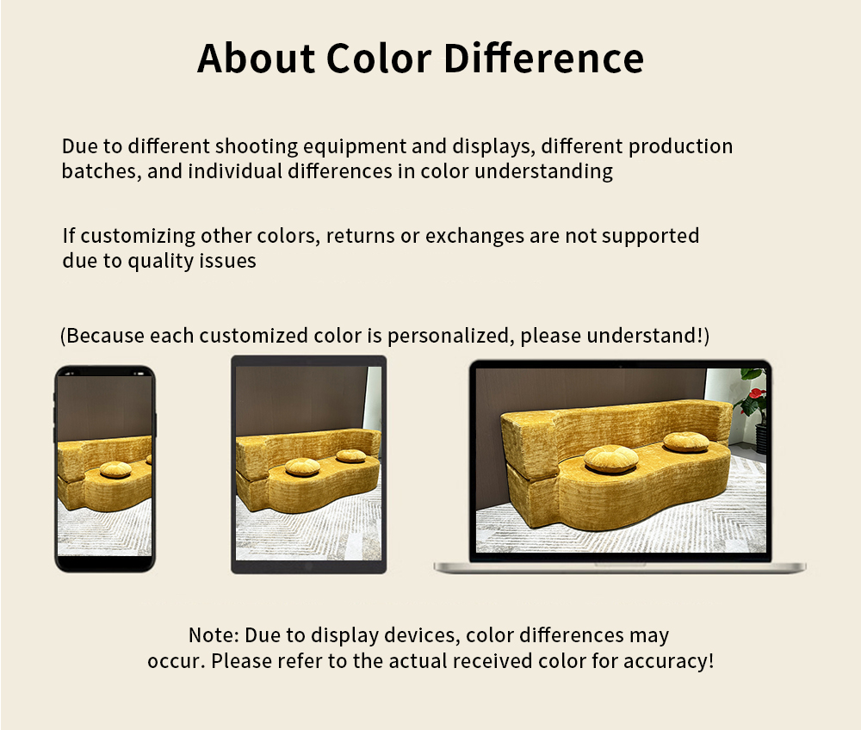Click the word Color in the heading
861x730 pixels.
(x=378, y=59)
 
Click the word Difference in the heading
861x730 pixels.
(x=543, y=59)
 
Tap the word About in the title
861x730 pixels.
(x=256, y=59)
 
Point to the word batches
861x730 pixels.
(x=101, y=171)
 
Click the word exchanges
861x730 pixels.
(x=474, y=237)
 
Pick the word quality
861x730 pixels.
(x=160, y=261)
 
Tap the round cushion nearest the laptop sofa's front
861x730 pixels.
(x=610, y=459)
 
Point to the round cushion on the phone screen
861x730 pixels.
(x=115, y=469)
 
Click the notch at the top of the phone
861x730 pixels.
(x=105, y=372)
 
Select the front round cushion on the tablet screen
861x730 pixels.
(x=302, y=467)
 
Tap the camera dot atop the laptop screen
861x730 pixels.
(x=621, y=365)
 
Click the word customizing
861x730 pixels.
(x=138, y=237)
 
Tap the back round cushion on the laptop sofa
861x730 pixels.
(x=686, y=442)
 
